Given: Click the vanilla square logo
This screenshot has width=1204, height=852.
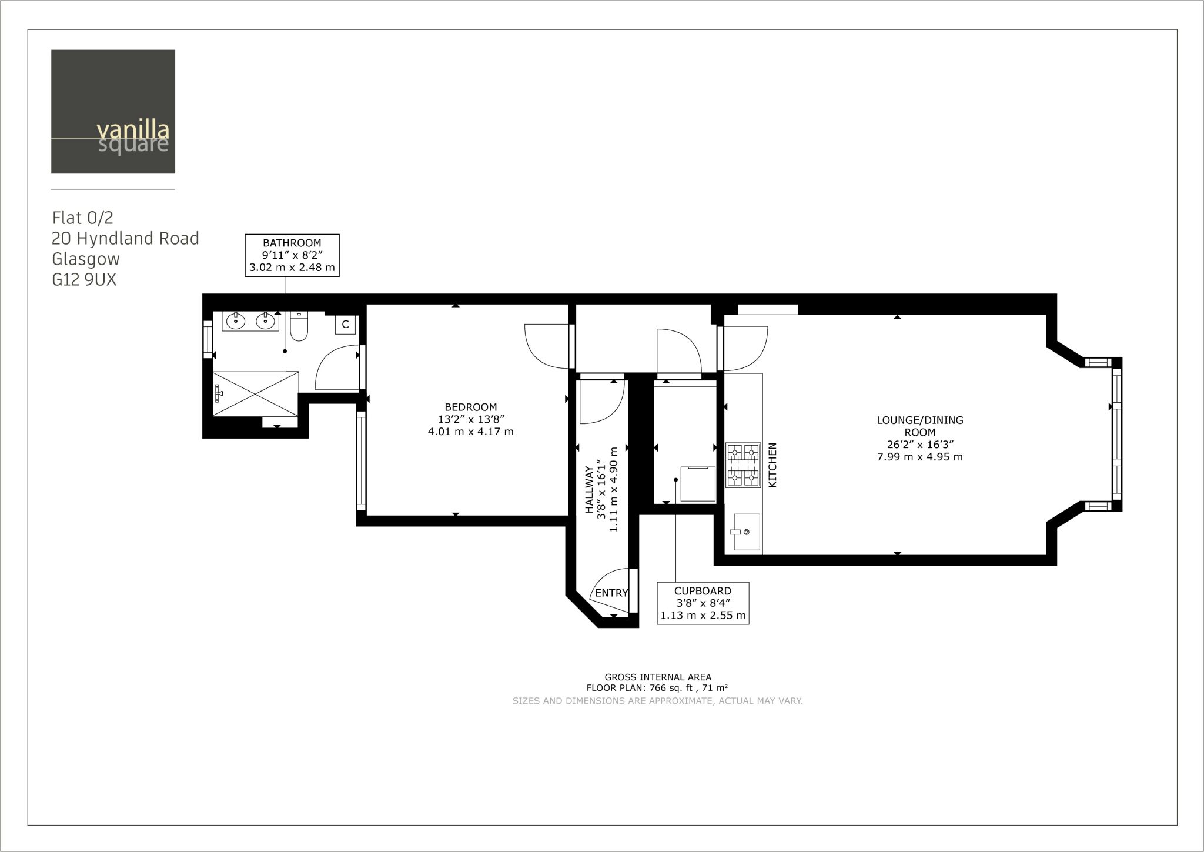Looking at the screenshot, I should pos(113,112).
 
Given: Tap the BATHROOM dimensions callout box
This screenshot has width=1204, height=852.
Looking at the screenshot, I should pos(292,255).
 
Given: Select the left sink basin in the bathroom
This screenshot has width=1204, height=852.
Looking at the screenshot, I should pos(236,321).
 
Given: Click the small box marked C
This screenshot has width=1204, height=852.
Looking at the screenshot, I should pos(345,325).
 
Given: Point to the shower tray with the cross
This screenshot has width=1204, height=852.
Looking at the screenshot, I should pos(256,393).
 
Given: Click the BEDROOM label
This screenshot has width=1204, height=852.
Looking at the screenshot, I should pos(470,407).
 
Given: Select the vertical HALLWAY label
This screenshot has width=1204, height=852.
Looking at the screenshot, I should pos(590,490).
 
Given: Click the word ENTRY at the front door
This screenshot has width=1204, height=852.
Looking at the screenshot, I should pos(611,593).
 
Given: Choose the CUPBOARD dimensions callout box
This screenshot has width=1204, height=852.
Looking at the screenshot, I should pos(703,603).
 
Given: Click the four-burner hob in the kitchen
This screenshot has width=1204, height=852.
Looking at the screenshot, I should pos(743,465).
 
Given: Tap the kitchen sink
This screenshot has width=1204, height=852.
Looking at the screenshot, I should pos(746,532).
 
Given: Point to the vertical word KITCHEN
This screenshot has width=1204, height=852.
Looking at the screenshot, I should pos(773,465).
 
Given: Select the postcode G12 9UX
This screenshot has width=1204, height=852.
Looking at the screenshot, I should pos(85,280).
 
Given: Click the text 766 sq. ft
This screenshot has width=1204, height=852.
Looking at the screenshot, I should pos(671,688).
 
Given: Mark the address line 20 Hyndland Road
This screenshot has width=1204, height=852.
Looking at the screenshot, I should pos(125,239).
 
